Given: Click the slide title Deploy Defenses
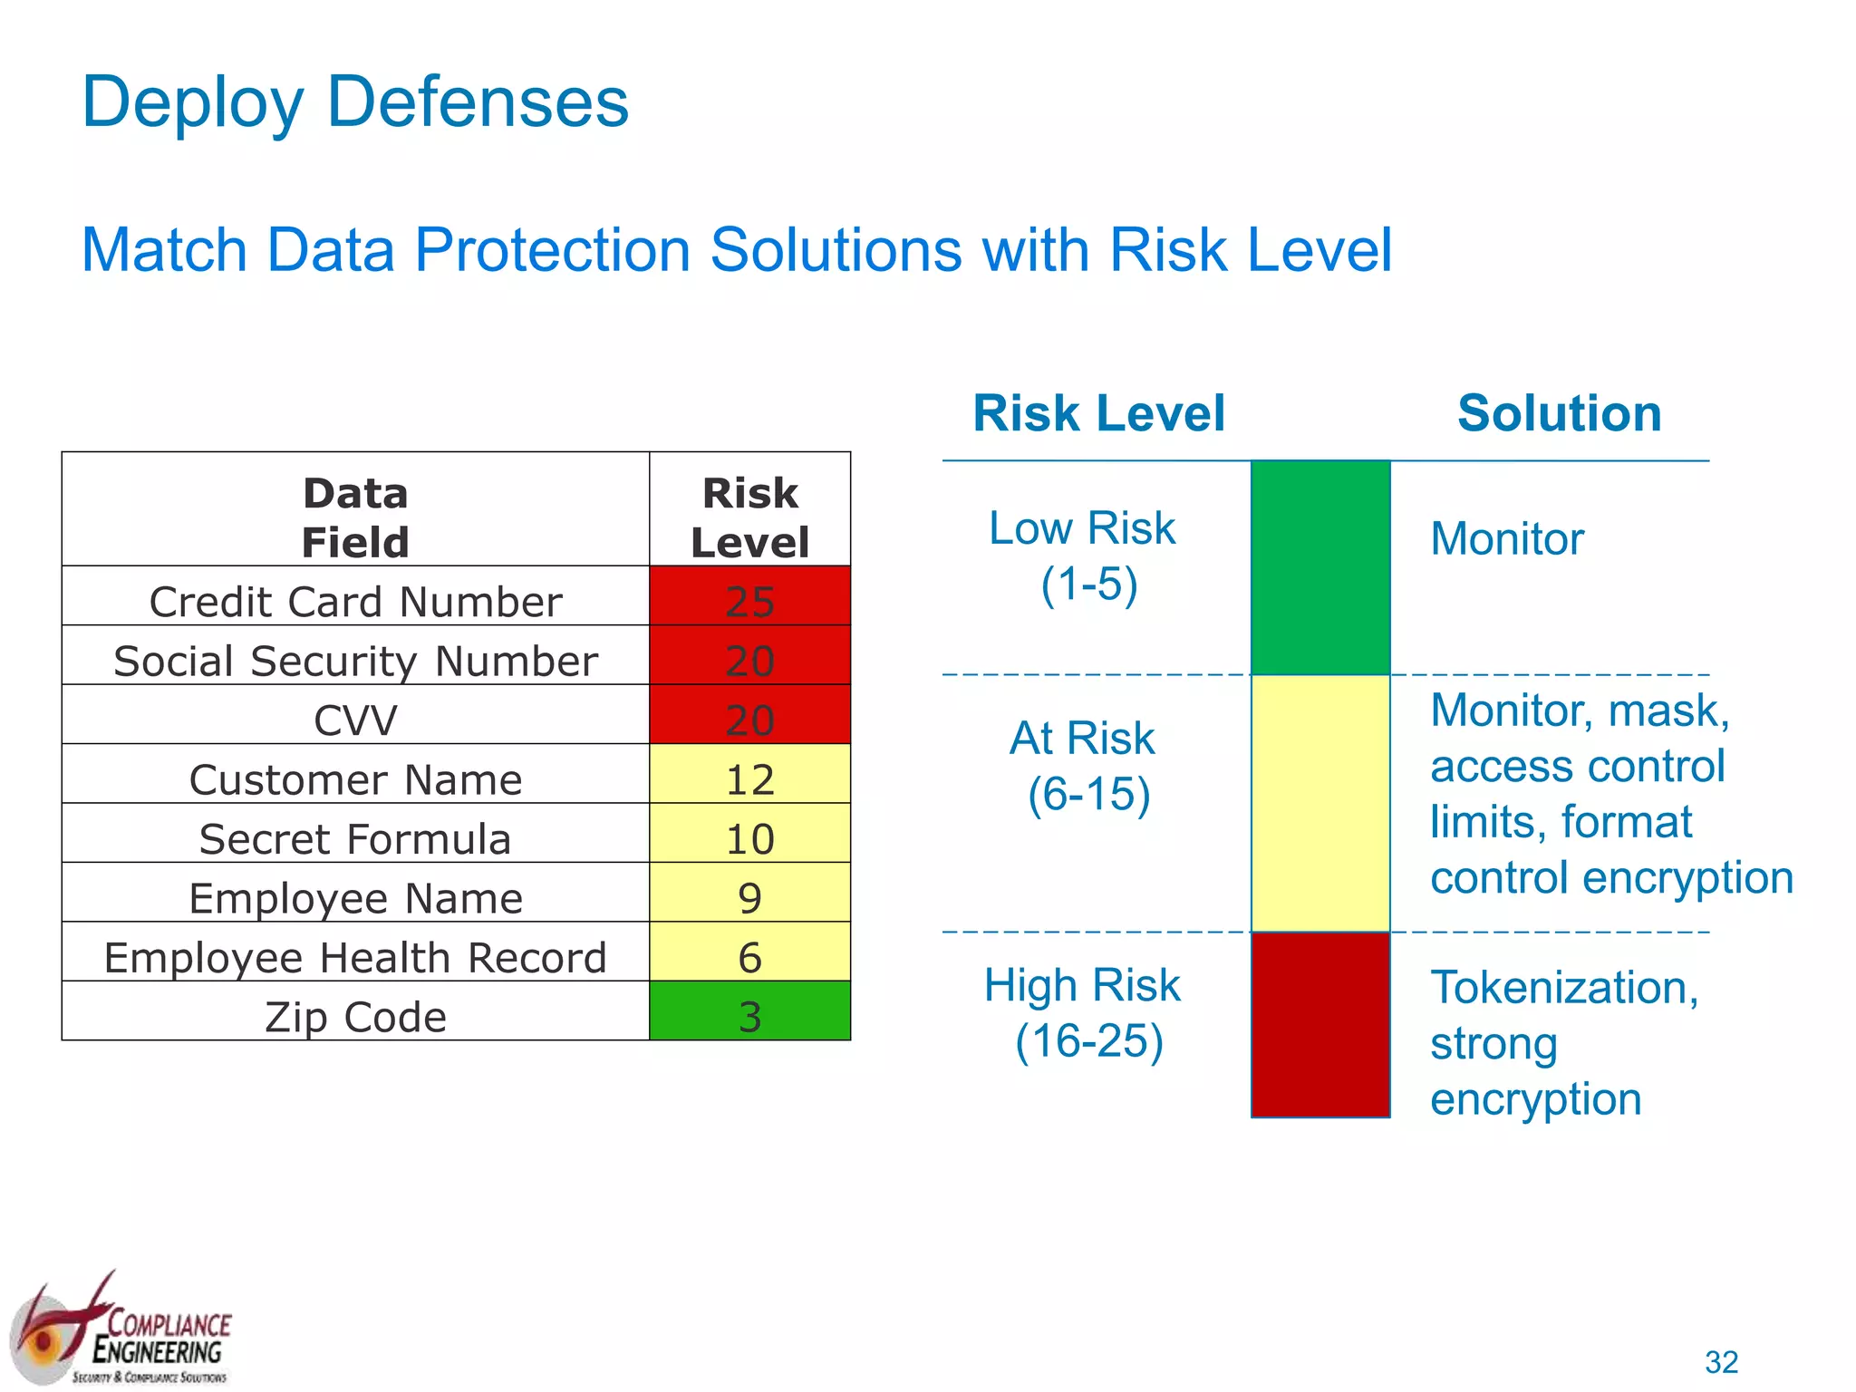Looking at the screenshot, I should click(x=354, y=102).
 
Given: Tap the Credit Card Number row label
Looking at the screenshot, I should click(x=355, y=602).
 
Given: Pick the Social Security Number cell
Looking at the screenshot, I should click(x=355, y=661).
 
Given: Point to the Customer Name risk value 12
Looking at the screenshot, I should click(x=749, y=778).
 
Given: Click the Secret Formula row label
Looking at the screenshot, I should click(x=355, y=838).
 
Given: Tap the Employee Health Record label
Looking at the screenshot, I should click(x=355, y=957).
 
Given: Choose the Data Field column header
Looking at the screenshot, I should click(x=355, y=517).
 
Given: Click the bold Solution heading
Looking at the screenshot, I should click(x=1559, y=413).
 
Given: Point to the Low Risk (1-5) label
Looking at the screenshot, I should click(x=1084, y=555).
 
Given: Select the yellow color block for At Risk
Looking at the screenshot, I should click(x=1319, y=803).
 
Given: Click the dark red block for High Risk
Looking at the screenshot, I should click(x=1319, y=1024).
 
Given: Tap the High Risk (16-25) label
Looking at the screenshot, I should click(x=1084, y=1012).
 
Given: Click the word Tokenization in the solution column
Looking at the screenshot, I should click(x=1562, y=987).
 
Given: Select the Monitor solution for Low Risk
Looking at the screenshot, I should click(x=1506, y=538).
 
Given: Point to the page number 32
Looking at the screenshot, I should click(x=1721, y=1361).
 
